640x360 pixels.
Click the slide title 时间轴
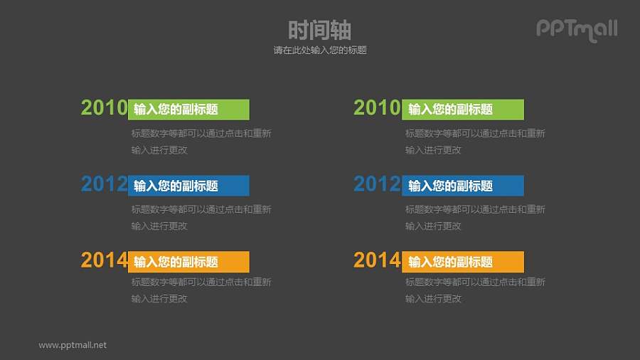point(319,30)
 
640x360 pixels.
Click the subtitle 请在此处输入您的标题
point(319,51)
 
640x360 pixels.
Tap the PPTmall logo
point(576,29)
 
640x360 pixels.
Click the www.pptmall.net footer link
point(73,345)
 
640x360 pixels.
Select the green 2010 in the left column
point(104,108)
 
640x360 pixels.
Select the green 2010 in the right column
point(377,108)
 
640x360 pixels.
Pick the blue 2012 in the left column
point(104,184)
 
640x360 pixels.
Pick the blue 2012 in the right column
point(377,184)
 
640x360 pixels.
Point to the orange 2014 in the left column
point(104,260)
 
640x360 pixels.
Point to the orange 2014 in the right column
point(377,260)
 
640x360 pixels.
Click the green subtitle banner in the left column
point(188,110)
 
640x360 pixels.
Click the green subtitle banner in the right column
point(463,110)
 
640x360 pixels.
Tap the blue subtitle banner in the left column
point(188,186)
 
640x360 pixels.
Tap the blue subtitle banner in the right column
point(463,186)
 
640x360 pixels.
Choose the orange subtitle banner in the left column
point(188,262)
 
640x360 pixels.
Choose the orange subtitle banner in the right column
point(463,262)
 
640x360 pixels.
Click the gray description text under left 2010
point(201,142)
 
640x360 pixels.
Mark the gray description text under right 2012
point(474,218)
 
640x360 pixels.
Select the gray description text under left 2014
point(201,290)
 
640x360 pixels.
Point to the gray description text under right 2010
point(474,142)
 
